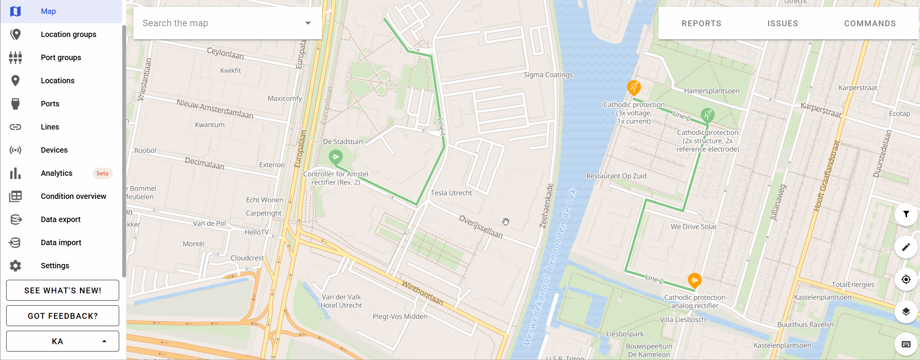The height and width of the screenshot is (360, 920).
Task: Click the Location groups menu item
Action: [68, 34]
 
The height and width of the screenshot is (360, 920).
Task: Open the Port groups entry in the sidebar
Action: [61, 57]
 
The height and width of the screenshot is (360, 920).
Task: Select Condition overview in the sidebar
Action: [73, 196]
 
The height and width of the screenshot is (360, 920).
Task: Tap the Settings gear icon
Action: [15, 266]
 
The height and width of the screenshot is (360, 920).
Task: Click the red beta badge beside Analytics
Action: [102, 173]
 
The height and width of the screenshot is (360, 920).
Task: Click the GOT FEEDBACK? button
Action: [62, 316]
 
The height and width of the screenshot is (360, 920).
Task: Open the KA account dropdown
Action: [62, 341]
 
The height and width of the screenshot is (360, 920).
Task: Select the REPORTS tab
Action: [701, 24]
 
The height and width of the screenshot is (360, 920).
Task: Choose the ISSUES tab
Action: [782, 24]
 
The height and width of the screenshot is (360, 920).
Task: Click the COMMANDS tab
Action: [870, 24]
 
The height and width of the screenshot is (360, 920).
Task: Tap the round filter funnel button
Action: [906, 214]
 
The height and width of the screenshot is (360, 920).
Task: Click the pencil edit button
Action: [906, 247]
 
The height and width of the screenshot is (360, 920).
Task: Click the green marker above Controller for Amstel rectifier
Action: [335, 156]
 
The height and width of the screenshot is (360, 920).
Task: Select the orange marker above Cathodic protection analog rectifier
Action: [694, 280]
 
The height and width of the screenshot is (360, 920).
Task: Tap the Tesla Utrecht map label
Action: [451, 193]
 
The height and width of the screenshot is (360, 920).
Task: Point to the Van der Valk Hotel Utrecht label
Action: [341, 301]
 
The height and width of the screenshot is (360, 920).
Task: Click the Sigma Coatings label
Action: [548, 75]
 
